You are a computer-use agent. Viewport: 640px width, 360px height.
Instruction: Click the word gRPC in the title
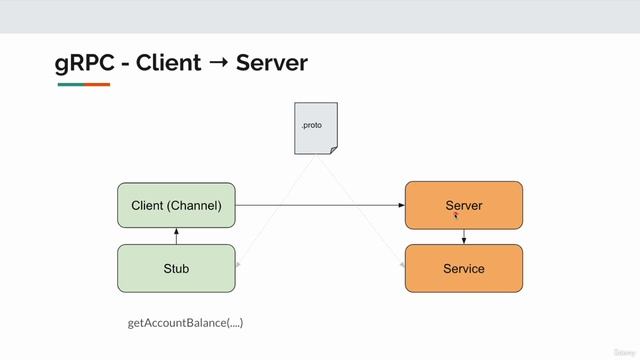click(80, 63)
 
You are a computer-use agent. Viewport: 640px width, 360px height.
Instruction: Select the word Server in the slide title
click(271, 63)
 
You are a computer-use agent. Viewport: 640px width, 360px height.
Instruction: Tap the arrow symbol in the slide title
click(216, 64)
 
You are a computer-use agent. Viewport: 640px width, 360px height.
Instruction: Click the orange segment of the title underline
click(97, 84)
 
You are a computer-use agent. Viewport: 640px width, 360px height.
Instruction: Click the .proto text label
click(311, 125)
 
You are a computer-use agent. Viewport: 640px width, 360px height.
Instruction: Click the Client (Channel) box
click(176, 206)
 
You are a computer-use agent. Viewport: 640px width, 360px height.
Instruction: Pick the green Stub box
click(176, 268)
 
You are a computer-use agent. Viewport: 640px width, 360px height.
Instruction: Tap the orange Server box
click(463, 205)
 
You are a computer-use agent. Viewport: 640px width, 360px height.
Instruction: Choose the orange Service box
click(463, 268)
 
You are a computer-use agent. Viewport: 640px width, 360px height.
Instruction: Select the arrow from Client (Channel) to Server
click(320, 206)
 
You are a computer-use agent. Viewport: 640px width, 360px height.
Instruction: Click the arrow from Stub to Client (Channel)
click(176, 237)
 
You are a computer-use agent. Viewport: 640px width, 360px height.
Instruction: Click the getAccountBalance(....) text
click(186, 323)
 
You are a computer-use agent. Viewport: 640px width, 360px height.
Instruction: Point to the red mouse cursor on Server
click(456, 215)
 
